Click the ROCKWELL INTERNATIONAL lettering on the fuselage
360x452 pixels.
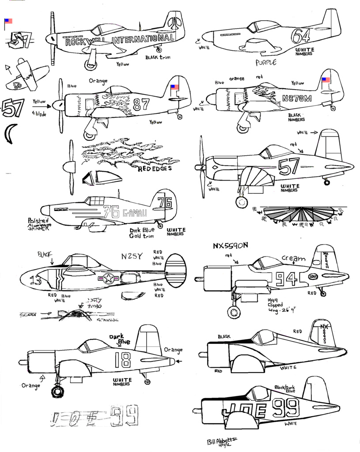(x=119, y=41)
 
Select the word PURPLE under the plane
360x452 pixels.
(x=266, y=63)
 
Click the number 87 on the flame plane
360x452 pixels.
(x=141, y=104)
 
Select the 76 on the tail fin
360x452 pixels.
(x=164, y=203)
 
